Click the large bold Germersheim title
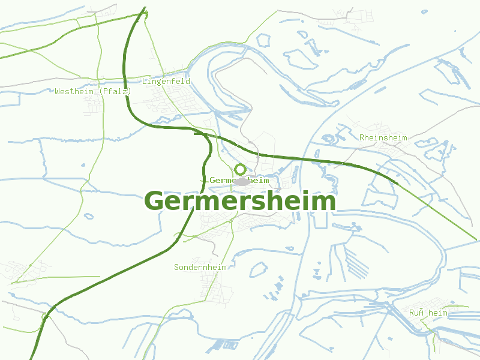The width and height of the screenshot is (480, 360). click(240, 202)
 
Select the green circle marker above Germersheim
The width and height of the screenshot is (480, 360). click(240, 169)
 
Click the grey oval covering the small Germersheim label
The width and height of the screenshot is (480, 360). click(242, 181)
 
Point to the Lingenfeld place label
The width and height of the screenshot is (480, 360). click(166, 81)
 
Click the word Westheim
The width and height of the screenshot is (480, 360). click(75, 92)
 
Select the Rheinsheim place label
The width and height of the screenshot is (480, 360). click(383, 137)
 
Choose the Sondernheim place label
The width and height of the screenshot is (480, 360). click(200, 267)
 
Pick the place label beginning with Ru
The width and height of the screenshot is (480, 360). click(428, 313)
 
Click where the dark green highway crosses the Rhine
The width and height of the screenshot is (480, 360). click(312, 160)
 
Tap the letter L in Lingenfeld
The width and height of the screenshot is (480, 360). click(145, 81)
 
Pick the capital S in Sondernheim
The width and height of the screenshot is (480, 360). click(176, 267)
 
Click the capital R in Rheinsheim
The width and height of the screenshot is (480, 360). click(362, 137)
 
